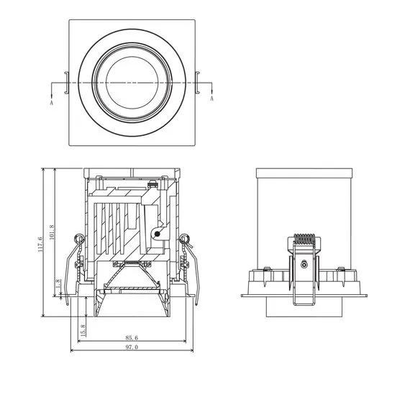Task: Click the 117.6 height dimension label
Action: pos(40,245)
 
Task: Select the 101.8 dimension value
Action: pos(52,232)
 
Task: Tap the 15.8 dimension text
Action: pos(83,330)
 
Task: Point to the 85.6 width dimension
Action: pos(132,337)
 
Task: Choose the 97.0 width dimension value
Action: pos(132,347)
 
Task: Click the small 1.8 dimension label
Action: pos(58,283)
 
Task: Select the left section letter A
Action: pos(52,103)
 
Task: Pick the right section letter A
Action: pos(211,99)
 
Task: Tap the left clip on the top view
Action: pos(67,83)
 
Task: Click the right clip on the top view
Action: pos(198,83)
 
